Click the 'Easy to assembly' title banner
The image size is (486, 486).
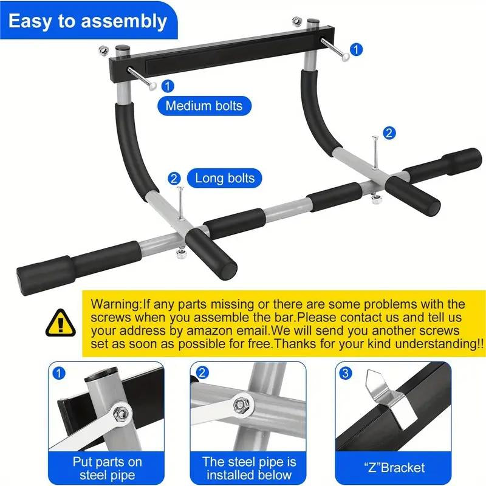[x=87, y=21]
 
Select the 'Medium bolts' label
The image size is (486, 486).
[x=204, y=106]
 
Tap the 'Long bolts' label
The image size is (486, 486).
[x=224, y=179]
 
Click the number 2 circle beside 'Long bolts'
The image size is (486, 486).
[x=174, y=179]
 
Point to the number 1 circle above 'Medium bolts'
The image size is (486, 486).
[x=168, y=86]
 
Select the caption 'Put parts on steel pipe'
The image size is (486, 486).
[x=108, y=468]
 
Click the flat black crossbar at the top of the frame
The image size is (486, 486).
[x=219, y=58]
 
